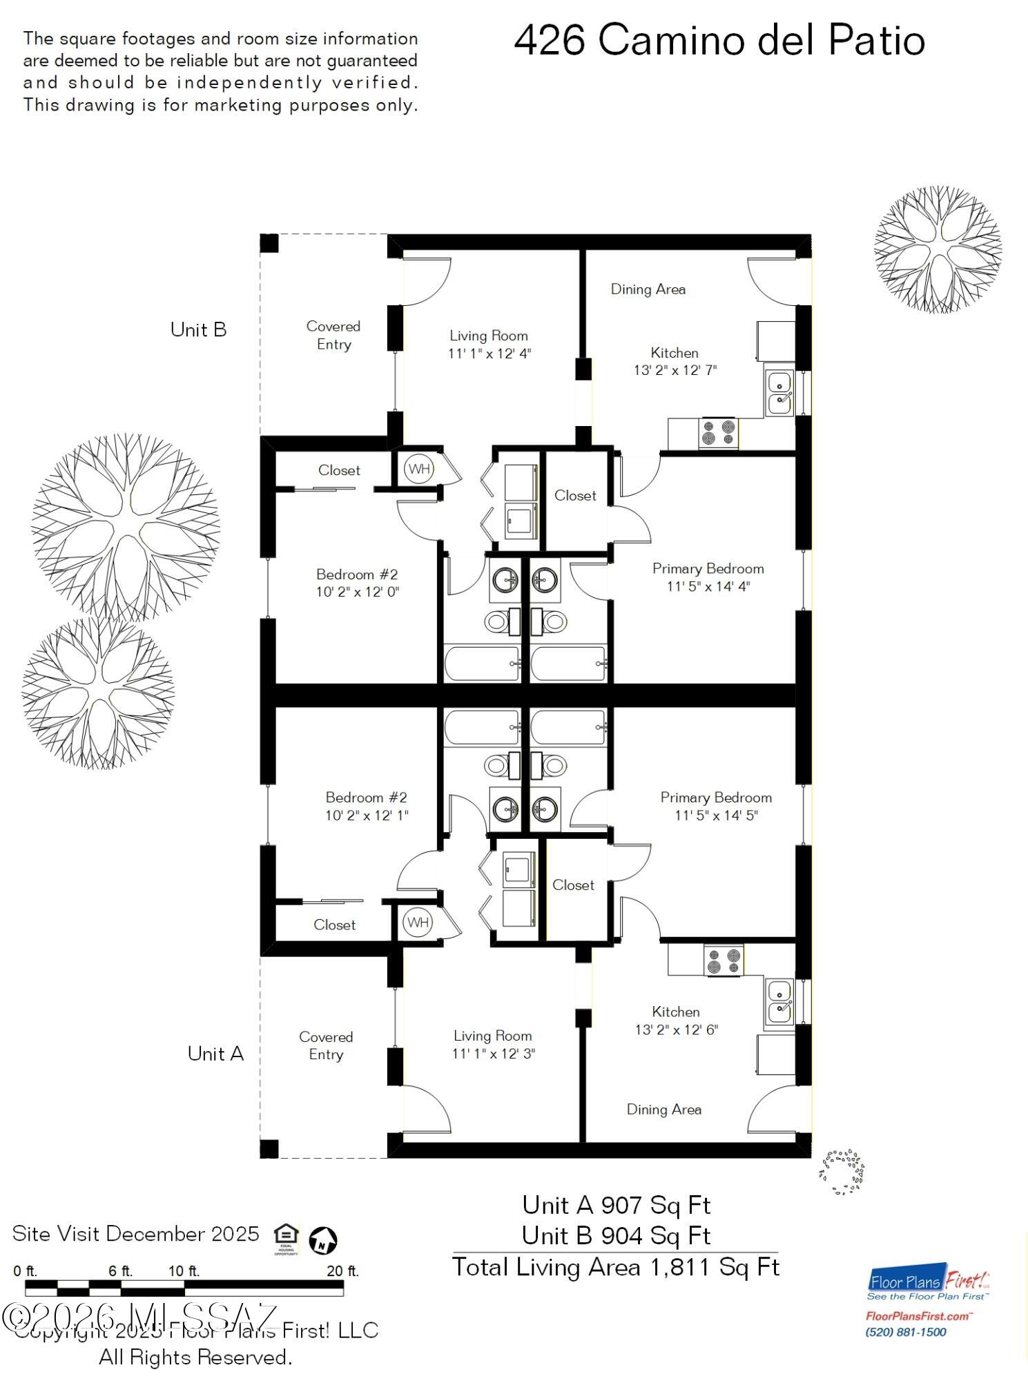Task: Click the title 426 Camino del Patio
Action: tap(719, 41)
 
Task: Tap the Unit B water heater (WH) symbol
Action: tap(418, 470)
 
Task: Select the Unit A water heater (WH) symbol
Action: tap(418, 923)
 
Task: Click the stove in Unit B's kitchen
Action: tap(718, 434)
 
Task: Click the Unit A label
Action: tap(215, 1054)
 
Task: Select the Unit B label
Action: tap(198, 330)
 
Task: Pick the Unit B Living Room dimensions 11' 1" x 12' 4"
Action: tap(489, 354)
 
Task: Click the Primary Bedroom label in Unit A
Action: tap(716, 798)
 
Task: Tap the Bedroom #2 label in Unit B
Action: tap(357, 574)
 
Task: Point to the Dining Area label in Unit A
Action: tap(663, 1110)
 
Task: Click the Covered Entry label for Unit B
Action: tap(333, 335)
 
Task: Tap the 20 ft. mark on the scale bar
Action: tap(342, 1271)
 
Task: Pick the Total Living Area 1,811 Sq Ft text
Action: tap(616, 1268)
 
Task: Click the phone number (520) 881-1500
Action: tap(905, 1332)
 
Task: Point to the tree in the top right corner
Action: tap(938, 249)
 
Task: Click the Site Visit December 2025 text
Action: tap(136, 1234)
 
